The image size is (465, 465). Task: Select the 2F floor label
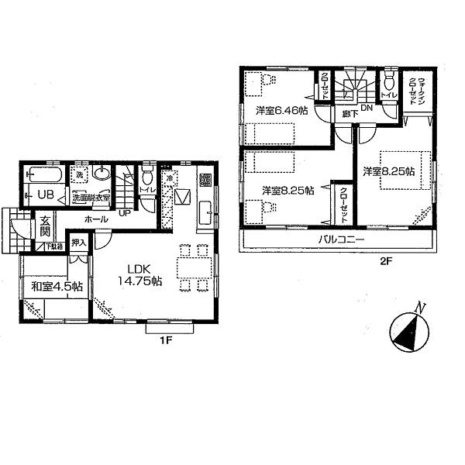click(386, 261)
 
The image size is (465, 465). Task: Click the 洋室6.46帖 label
click(282, 111)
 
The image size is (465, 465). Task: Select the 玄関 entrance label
click(45, 226)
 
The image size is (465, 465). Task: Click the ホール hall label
click(96, 220)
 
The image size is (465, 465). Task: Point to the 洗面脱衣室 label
click(92, 198)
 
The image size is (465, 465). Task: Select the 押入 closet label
click(78, 243)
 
